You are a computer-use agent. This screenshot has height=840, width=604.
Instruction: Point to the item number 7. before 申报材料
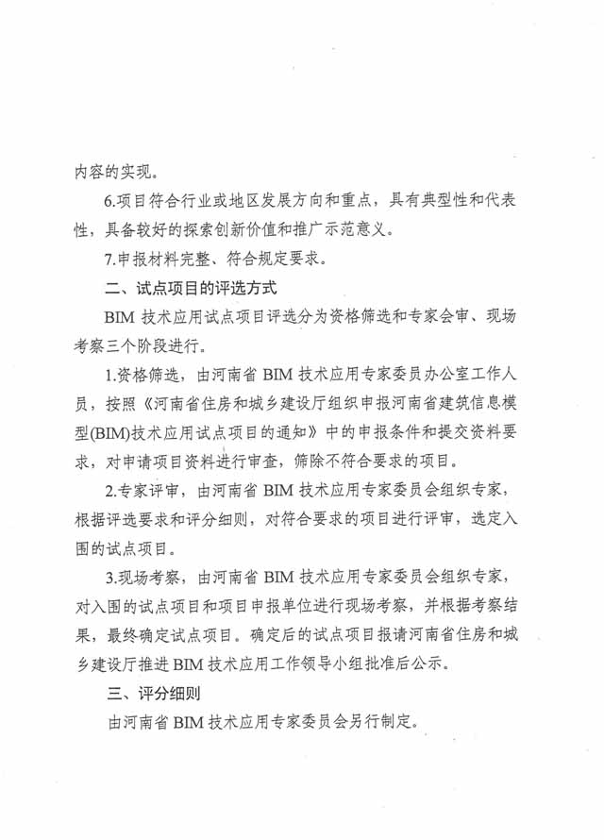(x=110, y=257)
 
